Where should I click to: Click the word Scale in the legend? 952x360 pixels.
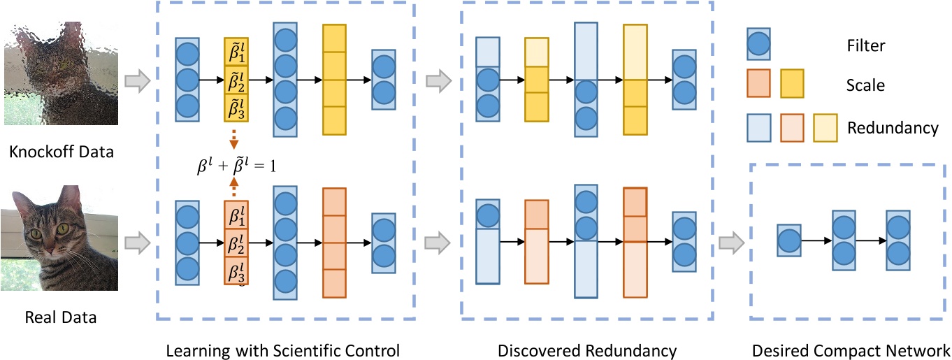click(865, 86)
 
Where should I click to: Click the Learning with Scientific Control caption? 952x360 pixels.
click(282, 350)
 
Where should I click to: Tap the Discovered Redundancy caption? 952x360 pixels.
click(587, 350)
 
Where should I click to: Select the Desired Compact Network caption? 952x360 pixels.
click(851, 350)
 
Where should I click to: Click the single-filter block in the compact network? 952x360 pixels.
click(789, 243)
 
